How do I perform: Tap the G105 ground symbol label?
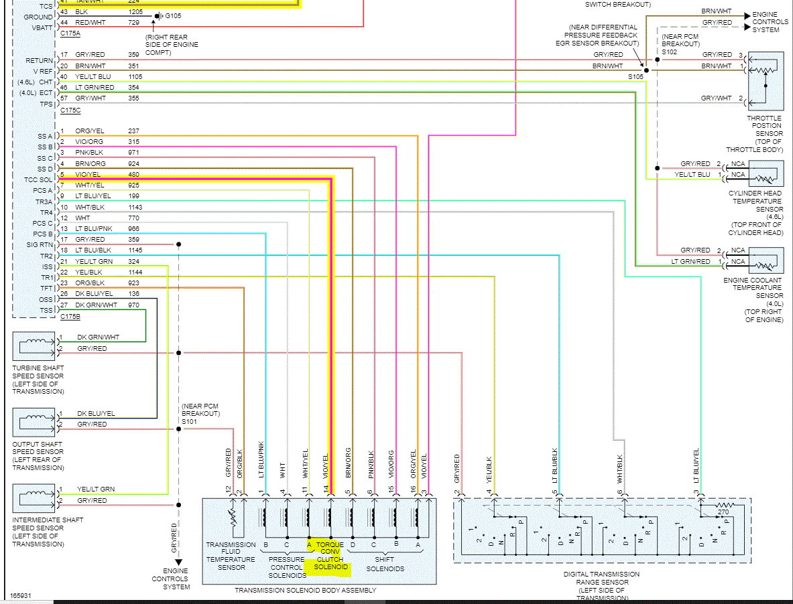click(x=174, y=15)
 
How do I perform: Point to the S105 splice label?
click(x=636, y=77)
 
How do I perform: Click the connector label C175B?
click(x=70, y=316)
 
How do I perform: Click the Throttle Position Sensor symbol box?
click(x=766, y=80)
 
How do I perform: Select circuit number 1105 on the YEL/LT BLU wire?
click(x=136, y=76)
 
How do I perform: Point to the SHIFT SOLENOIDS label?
click(x=385, y=563)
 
